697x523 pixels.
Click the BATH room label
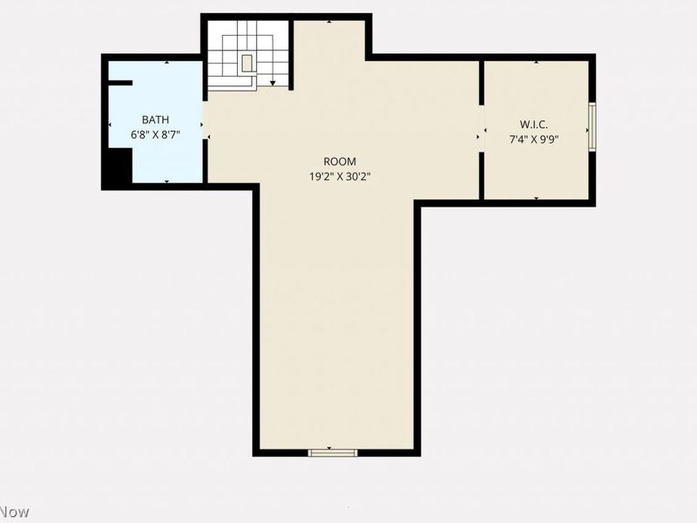[x=155, y=119]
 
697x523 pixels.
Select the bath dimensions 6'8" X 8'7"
[x=155, y=134]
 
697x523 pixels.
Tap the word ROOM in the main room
[x=340, y=161]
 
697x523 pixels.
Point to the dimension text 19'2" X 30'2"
[x=340, y=177]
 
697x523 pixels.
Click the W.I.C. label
[x=533, y=124]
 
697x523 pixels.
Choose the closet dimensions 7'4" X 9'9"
[x=533, y=139]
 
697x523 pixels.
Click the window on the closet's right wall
[x=592, y=127]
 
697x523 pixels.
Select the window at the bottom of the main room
[x=333, y=452]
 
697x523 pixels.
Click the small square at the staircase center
[x=247, y=63]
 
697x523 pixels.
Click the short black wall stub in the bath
[x=120, y=83]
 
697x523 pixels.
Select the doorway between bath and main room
[x=206, y=120]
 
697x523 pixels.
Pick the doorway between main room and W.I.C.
[x=482, y=129]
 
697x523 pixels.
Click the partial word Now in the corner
[x=15, y=512]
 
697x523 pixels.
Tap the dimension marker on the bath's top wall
[x=166, y=62]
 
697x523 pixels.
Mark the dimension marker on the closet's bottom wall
[x=536, y=198]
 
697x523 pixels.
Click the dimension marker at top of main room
[x=329, y=21]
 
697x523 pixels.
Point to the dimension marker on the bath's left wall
[x=111, y=125]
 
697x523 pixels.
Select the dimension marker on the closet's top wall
[x=536, y=62]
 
